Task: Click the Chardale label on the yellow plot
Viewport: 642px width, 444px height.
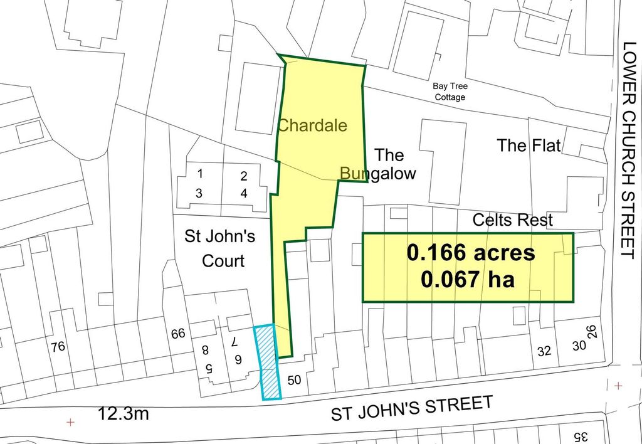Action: tap(312, 125)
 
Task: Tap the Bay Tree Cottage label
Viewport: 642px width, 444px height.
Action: tap(450, 92)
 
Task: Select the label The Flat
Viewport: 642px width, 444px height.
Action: tap(529, 145)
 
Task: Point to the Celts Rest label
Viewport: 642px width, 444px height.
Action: tap(513, 220)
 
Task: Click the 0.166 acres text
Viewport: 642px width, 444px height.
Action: tap(471, 253)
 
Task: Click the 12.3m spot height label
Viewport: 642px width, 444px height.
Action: tap(124, 415)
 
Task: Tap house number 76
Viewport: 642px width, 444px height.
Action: tap(58, 347)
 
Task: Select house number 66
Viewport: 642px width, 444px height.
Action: tap(178, 334)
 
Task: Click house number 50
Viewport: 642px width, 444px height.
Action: tap(293, 380)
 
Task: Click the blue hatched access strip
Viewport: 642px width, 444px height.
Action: tap(267, 362)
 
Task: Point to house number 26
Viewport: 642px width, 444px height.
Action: tap(591, 330)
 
